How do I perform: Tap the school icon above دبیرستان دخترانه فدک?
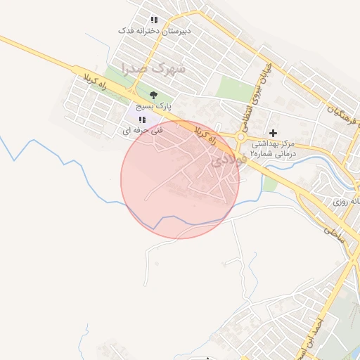pyautogui.click(x=155, y=20)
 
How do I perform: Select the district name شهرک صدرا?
pyautogui.click(x=153, y=69)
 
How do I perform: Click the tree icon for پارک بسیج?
pyautogui.click(x=153, y=95)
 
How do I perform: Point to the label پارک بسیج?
pyautogui.click(x=153, y=107)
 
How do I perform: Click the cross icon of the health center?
pyautogui.click(x=274, y=132)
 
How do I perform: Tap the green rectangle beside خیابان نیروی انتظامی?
pyautogui.click(x=232, y=87)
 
